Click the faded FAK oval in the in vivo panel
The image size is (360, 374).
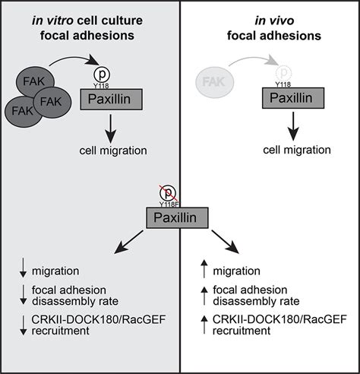(215, 82)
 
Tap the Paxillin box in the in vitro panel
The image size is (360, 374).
(111, 99)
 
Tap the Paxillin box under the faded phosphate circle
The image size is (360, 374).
(293, 98)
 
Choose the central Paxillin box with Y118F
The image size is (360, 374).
(177, 217)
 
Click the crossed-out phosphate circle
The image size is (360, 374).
(168, 193)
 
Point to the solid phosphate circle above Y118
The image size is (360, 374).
(102, 74)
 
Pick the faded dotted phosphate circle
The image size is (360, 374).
(283, 73)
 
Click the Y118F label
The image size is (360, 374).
(169, 204)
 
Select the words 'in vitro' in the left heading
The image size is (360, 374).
(52, 21)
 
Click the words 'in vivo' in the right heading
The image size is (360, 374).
(274, 21)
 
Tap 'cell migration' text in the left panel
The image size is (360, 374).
(113, 151)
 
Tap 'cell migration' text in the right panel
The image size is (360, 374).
(297, 150)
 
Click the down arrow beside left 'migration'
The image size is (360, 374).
(23, 268)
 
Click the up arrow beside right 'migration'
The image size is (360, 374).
(204, 269)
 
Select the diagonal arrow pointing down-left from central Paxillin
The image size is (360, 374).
(129, 242)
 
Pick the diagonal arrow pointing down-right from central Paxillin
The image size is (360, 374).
(226, 242)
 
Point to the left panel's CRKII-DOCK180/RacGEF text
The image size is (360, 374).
(99, 319)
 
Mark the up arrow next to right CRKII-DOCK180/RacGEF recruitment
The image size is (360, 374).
(204, 325)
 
